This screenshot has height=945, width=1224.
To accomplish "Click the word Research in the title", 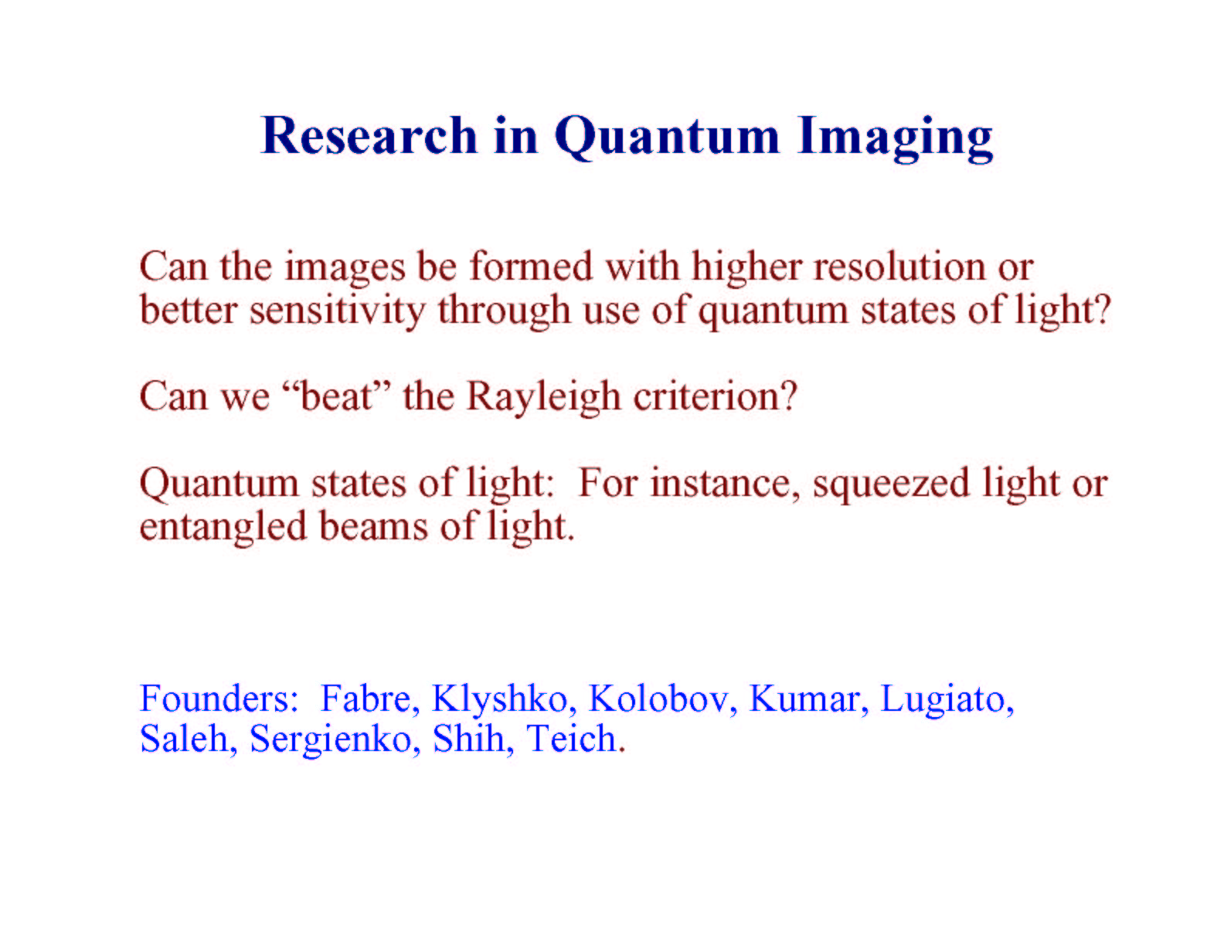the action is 369,135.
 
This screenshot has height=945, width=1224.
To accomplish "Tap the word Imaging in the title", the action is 895,138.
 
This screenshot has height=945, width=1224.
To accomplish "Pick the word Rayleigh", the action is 543,398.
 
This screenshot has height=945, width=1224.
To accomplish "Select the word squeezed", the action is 891,484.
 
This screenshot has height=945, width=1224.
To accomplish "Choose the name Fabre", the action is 369,699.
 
